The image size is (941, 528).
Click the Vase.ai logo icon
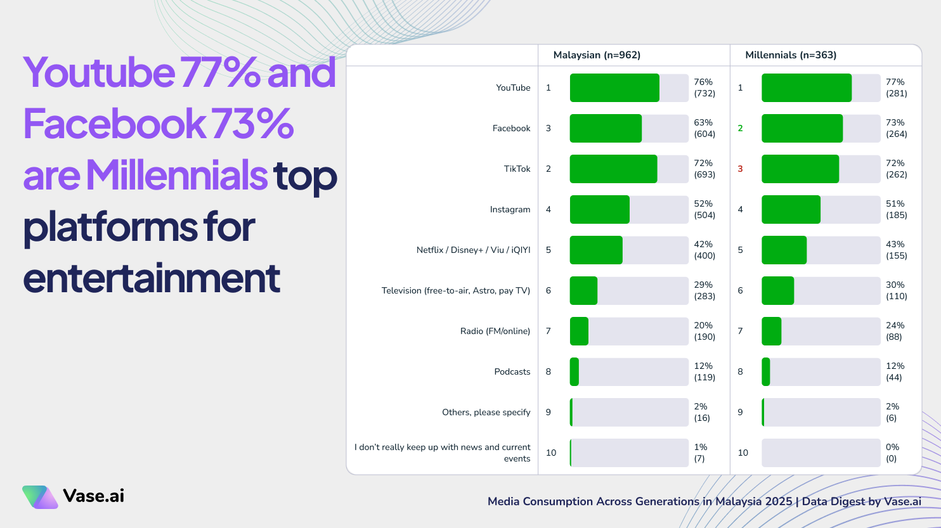pyautogui.click(x=40, y=497)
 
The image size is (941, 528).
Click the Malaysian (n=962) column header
pyautogui.click(x=597, y=55)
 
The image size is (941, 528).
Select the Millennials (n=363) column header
pyautogui.click(x=791, y=55)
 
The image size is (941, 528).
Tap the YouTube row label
pyautogui.click(x=513, y=88)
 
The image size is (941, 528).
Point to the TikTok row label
pyautogui.click(x=517, y=169)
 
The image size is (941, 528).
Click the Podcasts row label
pyautogui.click(x=512, y=372)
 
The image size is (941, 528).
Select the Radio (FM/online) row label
pyautogui.click(x=495, y=332)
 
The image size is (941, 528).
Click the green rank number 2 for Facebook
pyautogui.click(x=740, y=129)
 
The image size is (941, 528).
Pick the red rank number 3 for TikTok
pyautogui.click(x=740, y=169)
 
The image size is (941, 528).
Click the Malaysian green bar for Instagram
pyautogui.click(x=599, y=210)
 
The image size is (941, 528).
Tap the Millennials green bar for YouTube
pyautogui.click(x=806, y=88)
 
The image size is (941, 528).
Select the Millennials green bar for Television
pyautogui.click(x=777, y=291)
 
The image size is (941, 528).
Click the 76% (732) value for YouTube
pyautogui.click(x=704, y=88)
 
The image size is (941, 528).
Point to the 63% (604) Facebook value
pyautogui.click(x=704, y=129)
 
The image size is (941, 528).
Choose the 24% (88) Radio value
pyautogui.click(x=895, y=332)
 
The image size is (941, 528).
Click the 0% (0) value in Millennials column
pyautogui.click(x=892, y=453)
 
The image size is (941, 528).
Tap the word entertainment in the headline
pyautogui.click(x=152, y=278)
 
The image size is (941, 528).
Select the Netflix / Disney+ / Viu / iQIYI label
pyautogui.click(x=473, y=250)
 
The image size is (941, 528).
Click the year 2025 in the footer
pyautogui.click(x=779, y=502)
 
